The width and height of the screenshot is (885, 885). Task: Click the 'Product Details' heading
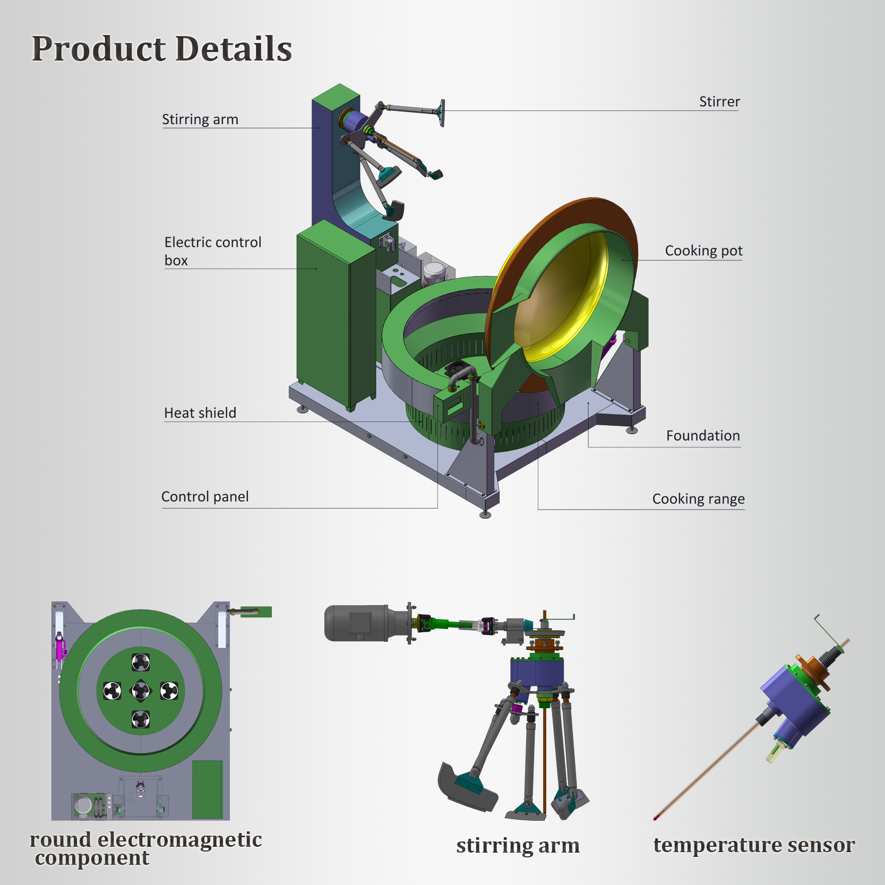click(x=162, y=49)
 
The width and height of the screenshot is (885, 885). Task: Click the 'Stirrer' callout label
click(x=719, y=101)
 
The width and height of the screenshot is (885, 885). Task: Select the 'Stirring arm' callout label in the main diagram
click(x=200, y=119)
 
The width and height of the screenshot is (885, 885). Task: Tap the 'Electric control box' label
click(x=212, y=251)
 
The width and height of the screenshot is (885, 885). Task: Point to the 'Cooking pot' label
click(x=703, y=251)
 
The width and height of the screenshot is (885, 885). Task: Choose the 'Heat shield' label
click(x=200, y=413)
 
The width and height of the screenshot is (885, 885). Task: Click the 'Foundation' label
click(x=702, y=435)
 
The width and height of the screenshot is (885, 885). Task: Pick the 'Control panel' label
click(x=205, y=496)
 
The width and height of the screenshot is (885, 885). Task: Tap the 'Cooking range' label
click(x=698, y=499)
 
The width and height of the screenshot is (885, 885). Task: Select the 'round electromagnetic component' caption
click(x=145, y=848)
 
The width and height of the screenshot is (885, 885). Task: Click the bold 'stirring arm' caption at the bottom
click(x=518, y=845)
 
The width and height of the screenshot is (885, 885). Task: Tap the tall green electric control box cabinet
click(x=324, y=313)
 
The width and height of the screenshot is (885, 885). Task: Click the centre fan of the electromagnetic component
click(x=141, y=691)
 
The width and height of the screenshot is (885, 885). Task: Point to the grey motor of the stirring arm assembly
click(x=356, y=623)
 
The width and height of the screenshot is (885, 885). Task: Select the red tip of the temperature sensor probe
click(x=656, y=818)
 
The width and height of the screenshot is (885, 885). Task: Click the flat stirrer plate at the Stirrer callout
click(x=441, y=113)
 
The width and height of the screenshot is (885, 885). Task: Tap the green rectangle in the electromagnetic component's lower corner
click(x=207, y=789)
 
